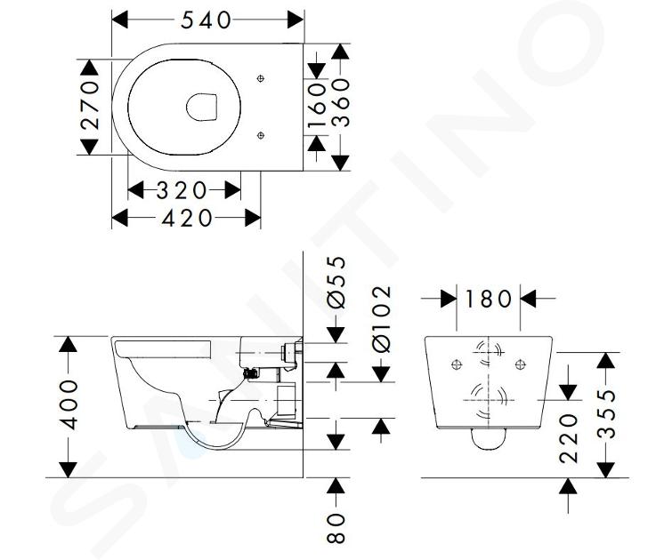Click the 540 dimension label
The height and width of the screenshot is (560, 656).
206,20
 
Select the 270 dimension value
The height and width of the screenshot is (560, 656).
90,105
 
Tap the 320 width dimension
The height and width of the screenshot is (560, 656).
182,190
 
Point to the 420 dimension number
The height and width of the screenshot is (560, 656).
187,218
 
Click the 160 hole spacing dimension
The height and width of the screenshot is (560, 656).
317,105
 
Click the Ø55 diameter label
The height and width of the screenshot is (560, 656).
336,282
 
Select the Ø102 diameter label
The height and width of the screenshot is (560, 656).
382,319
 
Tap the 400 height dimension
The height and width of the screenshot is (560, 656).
69,404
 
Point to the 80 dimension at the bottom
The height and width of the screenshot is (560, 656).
336,528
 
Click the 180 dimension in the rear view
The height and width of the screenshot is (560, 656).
488,300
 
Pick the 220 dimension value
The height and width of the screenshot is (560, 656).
569,438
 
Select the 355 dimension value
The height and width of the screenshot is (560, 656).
606,414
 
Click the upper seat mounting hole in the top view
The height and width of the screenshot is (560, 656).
261,78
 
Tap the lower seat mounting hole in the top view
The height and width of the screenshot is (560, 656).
261,135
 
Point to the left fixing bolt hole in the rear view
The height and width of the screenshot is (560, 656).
457,364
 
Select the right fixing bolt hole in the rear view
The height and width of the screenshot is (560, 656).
520,364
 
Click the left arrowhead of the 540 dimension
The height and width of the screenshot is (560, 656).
120,20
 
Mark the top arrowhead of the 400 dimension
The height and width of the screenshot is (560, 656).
68,344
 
